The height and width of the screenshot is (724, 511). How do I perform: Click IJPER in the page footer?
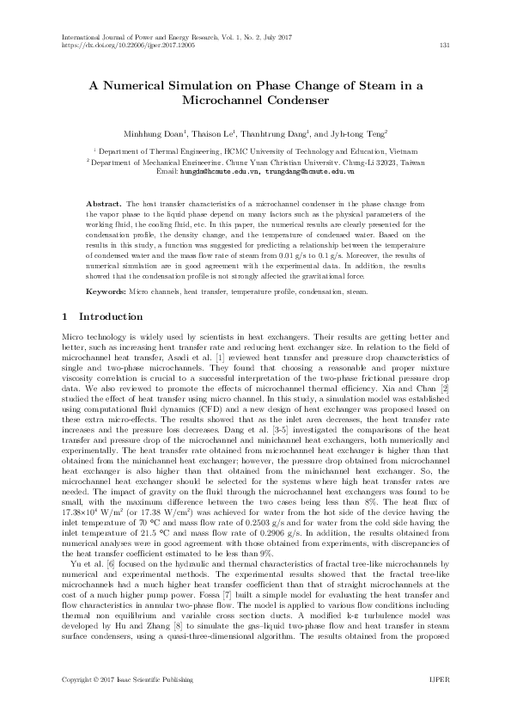(439, 703)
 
